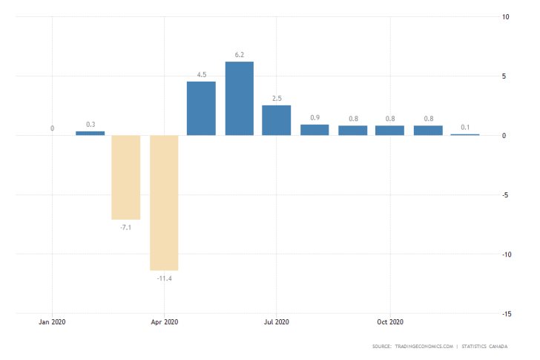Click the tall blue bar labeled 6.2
(239, 98)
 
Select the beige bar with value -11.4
(164, 202)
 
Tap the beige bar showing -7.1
(126, 177)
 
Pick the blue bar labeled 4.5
(201, 108)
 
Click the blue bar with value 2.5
(276, 120)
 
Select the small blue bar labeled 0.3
(90, 133)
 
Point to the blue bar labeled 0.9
(315, 130)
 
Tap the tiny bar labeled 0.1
(464, 134)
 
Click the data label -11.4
(164, 278)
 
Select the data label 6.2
(239, 54)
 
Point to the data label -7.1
(126, 227)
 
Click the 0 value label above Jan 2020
(52, 128)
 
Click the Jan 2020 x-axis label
(52, 322)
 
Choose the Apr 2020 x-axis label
(164, 322)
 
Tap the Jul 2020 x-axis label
(276, 322)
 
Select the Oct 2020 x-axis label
(389, 322)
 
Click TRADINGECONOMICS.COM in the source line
(423, 347)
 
